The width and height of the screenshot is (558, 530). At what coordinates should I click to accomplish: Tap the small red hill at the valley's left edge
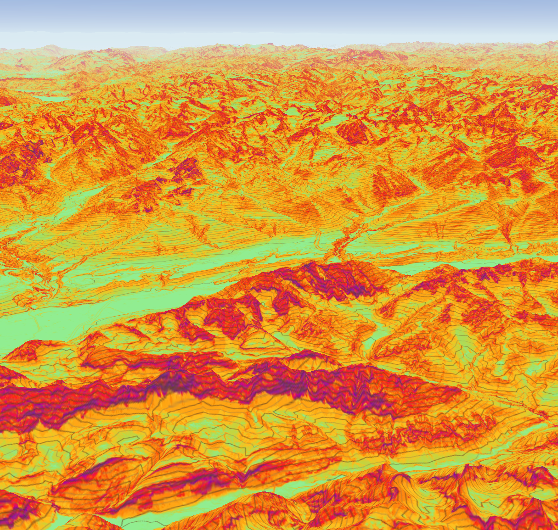pos(28,349)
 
